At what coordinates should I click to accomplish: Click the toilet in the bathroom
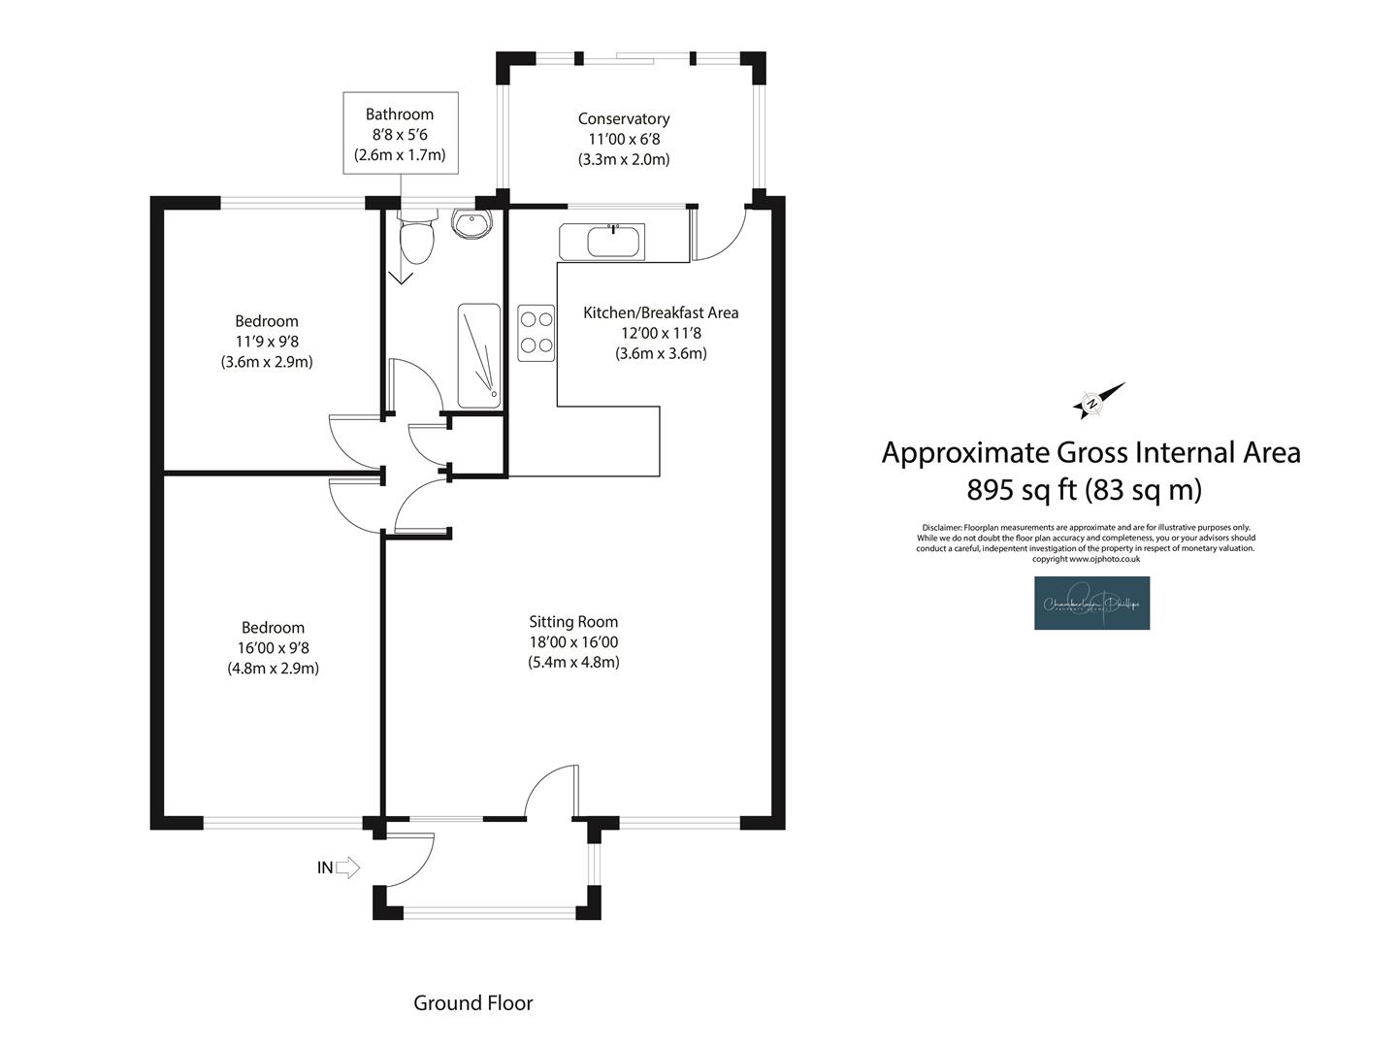tap(417, 239)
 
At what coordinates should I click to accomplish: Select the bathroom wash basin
tap(473, 224)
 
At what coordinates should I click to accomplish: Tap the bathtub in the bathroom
tap(479, 355)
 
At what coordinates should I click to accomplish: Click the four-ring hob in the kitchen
tap(537, 332)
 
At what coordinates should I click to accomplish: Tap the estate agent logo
tap(1091, 603)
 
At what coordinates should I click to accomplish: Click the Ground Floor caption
tap(473, 1003)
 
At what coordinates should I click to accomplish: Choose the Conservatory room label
tap(624, 118)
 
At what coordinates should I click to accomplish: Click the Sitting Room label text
tap(573, 622)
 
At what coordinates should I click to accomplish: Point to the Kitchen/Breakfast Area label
tap(661, 312)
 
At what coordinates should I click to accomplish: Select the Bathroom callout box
tap(400, 134)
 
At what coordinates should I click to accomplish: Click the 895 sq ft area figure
tap(1023, 490)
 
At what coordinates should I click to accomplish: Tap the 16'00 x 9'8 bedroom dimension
tap(274, 648)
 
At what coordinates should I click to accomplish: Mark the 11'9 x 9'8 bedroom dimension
tap(267, 342)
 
